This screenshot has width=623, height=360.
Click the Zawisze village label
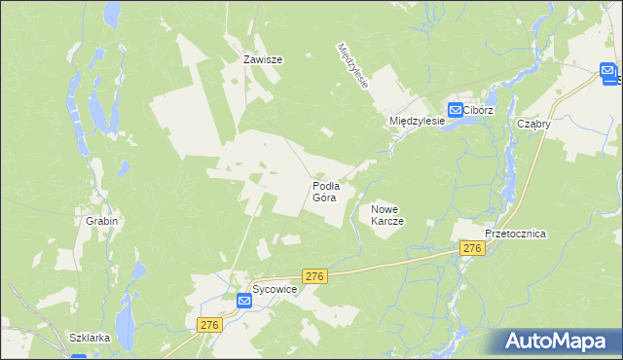[x=262, y=59]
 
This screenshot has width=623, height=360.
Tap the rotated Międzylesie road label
[x=352, y=66]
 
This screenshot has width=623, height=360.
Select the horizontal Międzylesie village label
[x=416, y=120]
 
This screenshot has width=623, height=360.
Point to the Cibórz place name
[x=479, y=111]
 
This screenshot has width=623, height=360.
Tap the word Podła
[x=325, y=185]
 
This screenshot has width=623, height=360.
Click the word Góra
[x=324, y=198]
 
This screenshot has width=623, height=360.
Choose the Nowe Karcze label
[x=386, y=215]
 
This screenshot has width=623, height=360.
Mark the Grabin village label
[x=101, y=221]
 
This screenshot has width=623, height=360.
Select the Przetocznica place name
[x=516, y=234]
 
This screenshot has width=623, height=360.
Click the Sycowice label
[x=274, y=290]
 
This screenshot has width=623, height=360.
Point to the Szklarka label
[x=89, y=338]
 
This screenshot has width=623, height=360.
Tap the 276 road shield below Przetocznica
[x=472, y=249]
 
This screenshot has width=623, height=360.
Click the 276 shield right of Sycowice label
[x=313, y=277]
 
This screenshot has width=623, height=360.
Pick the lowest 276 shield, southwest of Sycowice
[x=208, y=324]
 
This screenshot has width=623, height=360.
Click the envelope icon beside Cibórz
[x=455, y=110]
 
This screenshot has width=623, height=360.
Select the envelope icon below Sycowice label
[x=244, y=302]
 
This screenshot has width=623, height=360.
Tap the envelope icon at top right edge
[x=608, y=71]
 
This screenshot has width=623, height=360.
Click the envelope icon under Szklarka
[x=79, y=356]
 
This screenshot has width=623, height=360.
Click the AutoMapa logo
[x=558, y=342]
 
